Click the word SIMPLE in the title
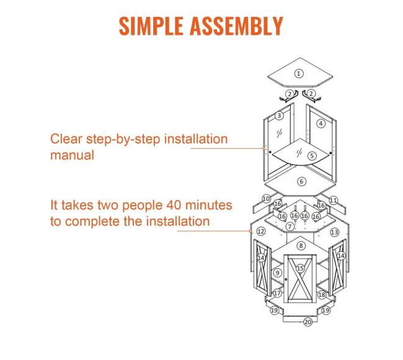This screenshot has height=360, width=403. point(151,26)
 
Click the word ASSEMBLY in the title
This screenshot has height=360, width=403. point(236,26)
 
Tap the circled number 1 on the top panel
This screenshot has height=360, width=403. point(299,74)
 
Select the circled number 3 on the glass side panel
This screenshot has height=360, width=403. point(279,116)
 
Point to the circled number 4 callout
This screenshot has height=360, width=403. point(321,124)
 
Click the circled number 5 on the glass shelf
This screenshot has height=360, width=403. point(312,156)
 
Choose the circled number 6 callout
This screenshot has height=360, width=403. point(302,182)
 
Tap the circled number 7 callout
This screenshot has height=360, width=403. point(290,227)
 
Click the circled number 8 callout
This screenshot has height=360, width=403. point(301,246)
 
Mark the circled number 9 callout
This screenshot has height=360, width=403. point(277,273)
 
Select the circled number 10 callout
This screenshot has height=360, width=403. point(266,199)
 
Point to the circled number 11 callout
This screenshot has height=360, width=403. point(334,200)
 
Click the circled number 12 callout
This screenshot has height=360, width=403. point(260,232)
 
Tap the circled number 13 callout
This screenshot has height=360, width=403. point(334,232)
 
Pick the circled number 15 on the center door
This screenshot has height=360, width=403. point(300,268)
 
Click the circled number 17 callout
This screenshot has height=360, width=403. point(277,293)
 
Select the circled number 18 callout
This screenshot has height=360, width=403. point(322,295)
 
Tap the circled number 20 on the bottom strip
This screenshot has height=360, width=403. point(308,322)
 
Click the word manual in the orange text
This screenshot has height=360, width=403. point(72,156)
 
